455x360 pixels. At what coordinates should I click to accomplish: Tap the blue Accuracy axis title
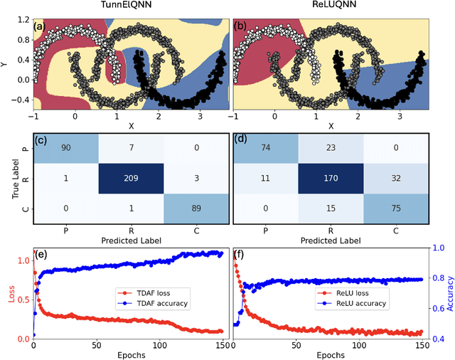(449, 292)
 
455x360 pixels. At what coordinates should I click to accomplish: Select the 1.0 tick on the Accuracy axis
(439, 248)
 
